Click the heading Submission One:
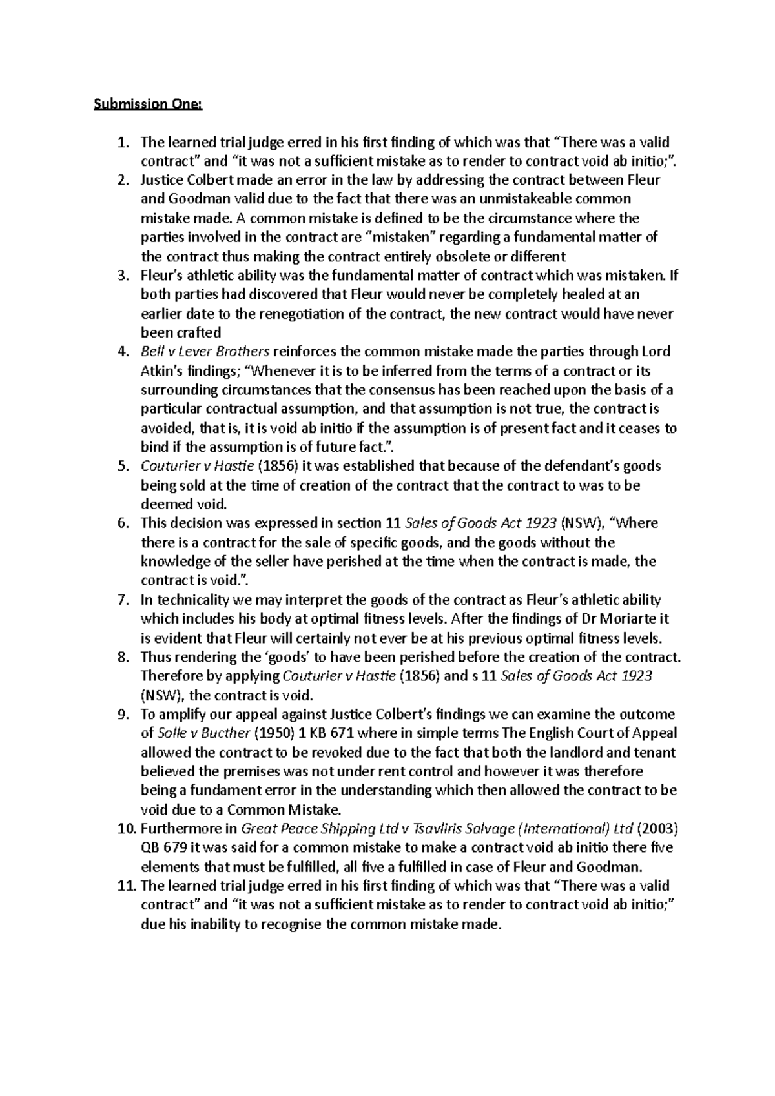(148, 104)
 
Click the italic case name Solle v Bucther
(203, 733)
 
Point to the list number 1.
(123, 142)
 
